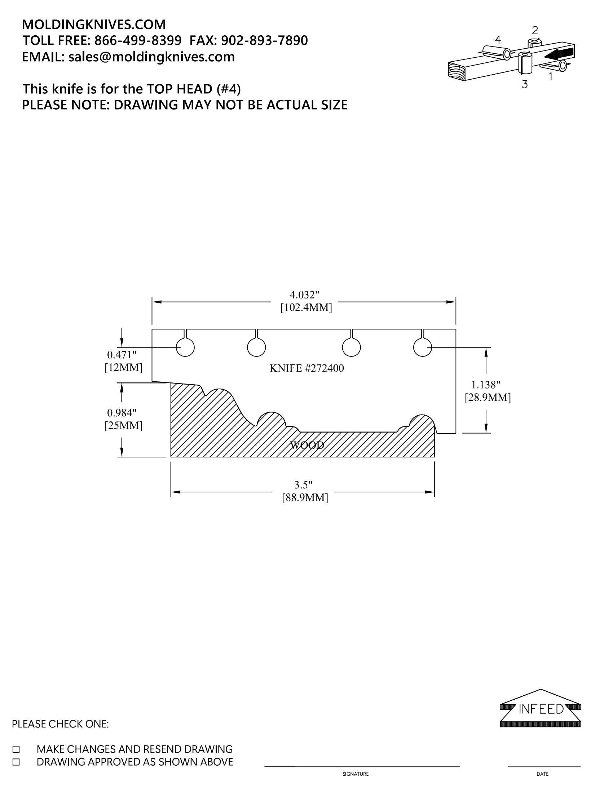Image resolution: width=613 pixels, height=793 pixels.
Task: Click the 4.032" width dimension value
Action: [x=304, y=294]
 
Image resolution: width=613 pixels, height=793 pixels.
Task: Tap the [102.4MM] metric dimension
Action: [x=306, y=308]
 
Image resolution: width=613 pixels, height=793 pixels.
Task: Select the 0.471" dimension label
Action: [x=122, y=354]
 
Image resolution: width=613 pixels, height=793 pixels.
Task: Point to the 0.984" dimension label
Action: [x=122, y=412]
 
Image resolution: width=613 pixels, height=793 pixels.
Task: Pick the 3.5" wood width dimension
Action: [x=303, y=484]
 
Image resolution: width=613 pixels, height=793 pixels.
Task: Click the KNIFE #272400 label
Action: [x=306, y=368]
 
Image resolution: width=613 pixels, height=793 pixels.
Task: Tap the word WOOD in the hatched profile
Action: [x=307, y=445]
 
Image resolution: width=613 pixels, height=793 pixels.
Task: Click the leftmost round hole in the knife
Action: [x=185, y=347]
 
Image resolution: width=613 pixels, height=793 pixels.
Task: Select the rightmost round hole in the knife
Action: [x=423, y=347]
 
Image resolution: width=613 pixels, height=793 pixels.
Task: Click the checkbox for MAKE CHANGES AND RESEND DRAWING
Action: [x=16, y=749]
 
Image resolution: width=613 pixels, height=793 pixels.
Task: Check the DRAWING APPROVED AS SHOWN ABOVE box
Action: [x=16, y=762]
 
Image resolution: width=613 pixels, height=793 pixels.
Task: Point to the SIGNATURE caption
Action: [x=356, y=774]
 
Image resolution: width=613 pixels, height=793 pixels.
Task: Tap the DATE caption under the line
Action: [x=543, y=774]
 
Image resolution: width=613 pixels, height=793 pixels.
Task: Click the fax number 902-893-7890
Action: [x=264, y=40]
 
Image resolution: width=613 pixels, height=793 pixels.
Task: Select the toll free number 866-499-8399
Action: [x=138, y=40]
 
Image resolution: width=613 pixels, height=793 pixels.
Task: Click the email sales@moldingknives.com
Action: [x=151, y=57]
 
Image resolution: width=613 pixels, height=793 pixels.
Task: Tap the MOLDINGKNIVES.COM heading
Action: [x=94, y=24]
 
